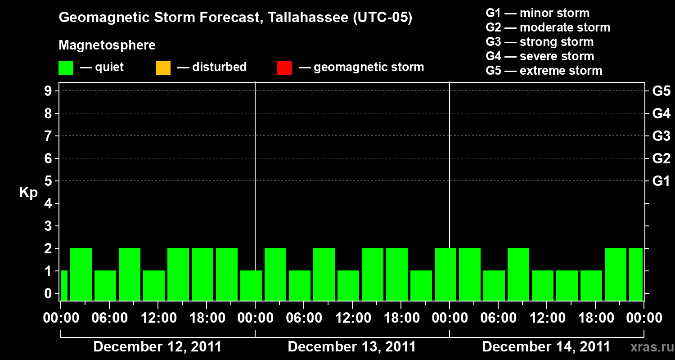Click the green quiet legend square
point(66,67)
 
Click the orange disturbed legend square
point(163,67)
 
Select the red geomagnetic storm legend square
point(284,67)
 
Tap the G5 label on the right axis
point(661,91)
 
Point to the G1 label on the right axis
point(661,181)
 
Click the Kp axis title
point(28,193)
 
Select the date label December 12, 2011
point(157,347)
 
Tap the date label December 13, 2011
point(351,347)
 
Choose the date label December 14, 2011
point(546,347)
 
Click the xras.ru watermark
point(651,347)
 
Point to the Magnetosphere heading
point(107,45)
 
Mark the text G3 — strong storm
point(540,42)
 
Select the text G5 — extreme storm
point(544,71)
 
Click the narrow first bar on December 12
point(64,285)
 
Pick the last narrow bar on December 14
point(636,274)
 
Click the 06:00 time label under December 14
point(497,318)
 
